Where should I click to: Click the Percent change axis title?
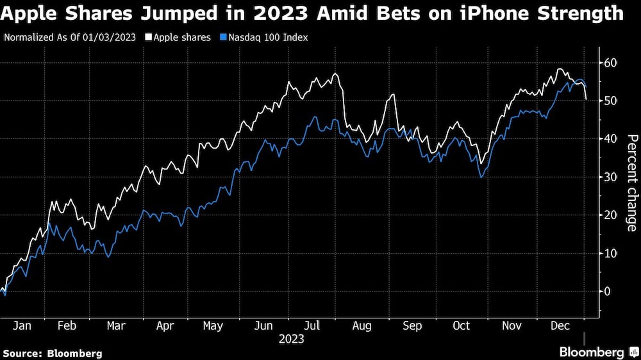[x=631, y=183]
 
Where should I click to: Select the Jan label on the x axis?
[x=22, y=326]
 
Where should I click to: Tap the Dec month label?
[x=560, y=326]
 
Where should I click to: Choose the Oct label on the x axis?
[x=462, y=326]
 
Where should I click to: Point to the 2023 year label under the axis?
[x=291, y=339]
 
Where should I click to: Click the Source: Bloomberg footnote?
[x=53, y=353]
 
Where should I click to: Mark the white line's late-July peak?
[x=335, y=74]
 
